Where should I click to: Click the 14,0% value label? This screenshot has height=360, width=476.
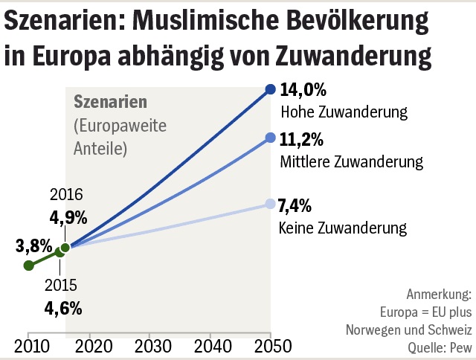[x=303, y=91]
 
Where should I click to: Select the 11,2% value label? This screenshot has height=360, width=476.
[x=302, y=139]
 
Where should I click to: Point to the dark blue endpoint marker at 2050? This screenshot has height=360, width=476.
[x=271, y=89]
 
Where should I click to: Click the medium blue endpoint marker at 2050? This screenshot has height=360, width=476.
[x=271, y=137]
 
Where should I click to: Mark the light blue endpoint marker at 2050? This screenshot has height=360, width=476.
[x=271, y=203]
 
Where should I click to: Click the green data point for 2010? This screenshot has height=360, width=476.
[x=28, y=265]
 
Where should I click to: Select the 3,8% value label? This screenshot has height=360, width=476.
[x=33, y=245]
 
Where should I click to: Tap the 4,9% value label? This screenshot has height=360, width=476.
[x=68, y=218]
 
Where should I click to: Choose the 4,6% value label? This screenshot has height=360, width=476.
[x=62, y=307]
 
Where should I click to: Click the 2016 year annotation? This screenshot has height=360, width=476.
[x=66, y=196]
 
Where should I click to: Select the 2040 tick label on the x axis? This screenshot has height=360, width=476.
[x=210, y=347]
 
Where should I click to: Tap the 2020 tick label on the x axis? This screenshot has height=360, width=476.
[x=89, y=347]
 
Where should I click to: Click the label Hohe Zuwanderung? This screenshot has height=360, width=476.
[x=344, y=113]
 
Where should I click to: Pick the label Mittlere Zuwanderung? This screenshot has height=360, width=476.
[x=352, y=161]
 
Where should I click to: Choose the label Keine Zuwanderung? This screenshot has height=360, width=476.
[x=342, y=226]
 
